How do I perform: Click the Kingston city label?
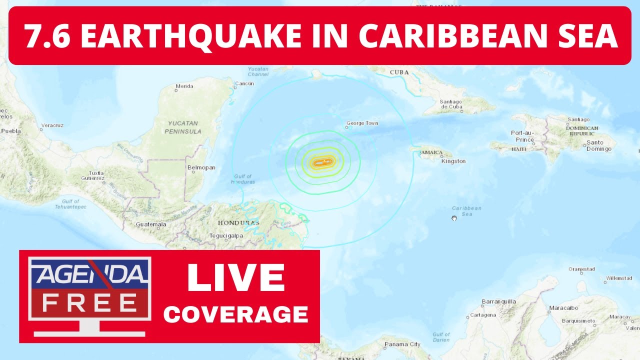click(453, 161)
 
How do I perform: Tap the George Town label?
click(362, 123)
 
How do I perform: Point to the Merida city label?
click(184, 86)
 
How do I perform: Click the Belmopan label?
click(201, 168)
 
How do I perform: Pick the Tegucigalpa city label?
click(226, 235)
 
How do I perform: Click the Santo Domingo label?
click(598, 145)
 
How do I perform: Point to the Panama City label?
click(402, 344)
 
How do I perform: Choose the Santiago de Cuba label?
click(451, 104)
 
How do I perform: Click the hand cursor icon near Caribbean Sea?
click(454, 218)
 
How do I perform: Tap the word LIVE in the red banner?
click(236, 277)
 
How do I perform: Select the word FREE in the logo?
click(90, 302)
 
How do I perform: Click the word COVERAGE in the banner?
click(236, 314)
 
